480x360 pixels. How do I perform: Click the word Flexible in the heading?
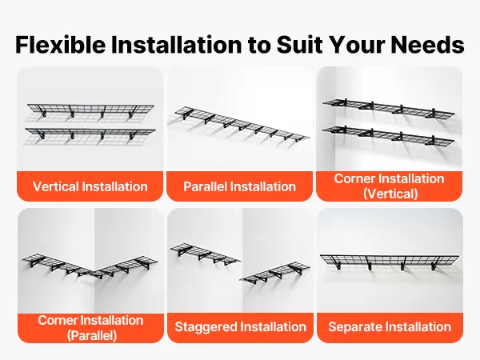pyautogui.click(x=61, y=45)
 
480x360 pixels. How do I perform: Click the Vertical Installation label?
pyautogui.click(x=90, y=186)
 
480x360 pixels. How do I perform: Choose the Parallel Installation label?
pyautogui.click(x=239, y=186)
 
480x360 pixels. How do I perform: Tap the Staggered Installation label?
pyautogui.click(x=240, y=326)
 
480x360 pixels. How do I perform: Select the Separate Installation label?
pyautogui.click(x=390, y=326)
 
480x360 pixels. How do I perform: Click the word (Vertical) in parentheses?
pyautogui.click(x=390, y=194)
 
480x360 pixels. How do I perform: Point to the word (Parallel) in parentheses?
pyautogui.click(x=92, y=335)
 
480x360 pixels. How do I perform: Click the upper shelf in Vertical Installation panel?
pyautogui.click(x=90, y=110)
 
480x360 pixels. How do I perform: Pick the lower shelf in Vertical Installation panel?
pyautogui.click(x=90, y=134)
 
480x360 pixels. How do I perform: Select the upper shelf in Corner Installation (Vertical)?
pyautogui.click(x=388, y=108)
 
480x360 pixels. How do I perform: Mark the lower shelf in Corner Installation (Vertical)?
pyautogui.click(x=388, y=134)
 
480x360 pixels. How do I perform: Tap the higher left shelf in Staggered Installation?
pyautogui.click(x=205, y=254)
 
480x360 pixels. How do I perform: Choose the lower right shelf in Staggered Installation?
pyautogui.click(x=274, y=272)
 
